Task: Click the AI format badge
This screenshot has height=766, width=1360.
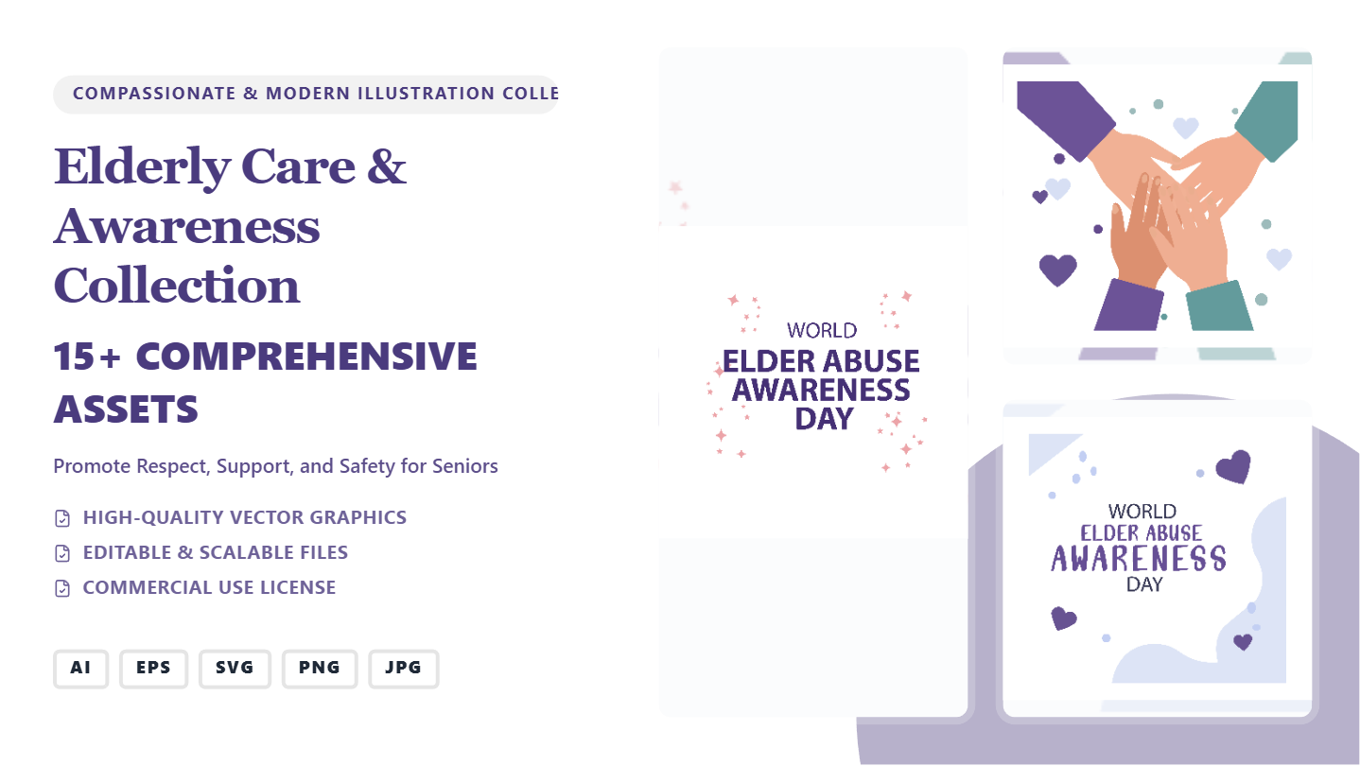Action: click(x=80, y=669)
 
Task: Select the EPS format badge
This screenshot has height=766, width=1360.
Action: click(x=153, y=669)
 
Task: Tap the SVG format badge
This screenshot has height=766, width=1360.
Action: click(x=235, y=669)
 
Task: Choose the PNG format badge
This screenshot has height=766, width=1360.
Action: click(x=320, y=669)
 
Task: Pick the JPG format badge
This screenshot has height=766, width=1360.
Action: click(x=404, y=669)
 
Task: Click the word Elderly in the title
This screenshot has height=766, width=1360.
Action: click(x=142, y=167)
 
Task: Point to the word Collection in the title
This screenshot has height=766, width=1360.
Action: click(x=177, y=286)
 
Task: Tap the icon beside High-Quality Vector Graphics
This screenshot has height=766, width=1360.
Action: click(x=62, y=518)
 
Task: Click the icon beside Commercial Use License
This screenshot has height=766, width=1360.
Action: click(x=62, y=588)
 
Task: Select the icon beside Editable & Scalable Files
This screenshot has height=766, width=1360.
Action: click(x=62, y=553)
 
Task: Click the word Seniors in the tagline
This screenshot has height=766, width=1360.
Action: click(x=464, y=466)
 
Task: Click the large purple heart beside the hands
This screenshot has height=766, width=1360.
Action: click(x=1057, y=270)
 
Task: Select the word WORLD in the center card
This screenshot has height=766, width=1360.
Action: click(x=822, y=331)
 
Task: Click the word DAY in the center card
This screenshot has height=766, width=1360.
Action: click(x=825, y=419)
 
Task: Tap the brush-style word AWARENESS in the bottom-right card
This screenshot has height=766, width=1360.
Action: click(x=1138, y=559)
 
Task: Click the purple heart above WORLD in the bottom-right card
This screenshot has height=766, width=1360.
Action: click(x=1233, y=466)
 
